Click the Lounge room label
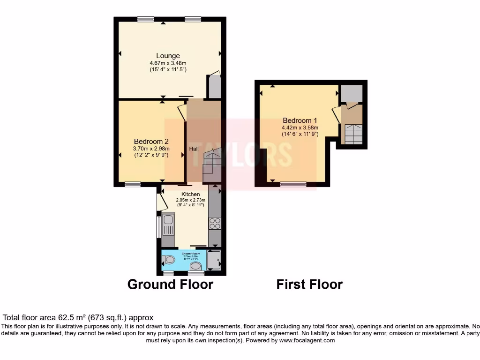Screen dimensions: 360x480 click(168, 56)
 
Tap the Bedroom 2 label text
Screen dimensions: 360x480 click(151, 141)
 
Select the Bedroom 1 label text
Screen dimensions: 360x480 click(300, 120)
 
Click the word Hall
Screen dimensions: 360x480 click(194, 149)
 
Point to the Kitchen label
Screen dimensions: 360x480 click(190, 194)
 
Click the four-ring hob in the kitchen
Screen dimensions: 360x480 click(215, 224)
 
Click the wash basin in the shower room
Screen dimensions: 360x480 click(195, 267)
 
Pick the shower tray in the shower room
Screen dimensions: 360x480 click(214, 261)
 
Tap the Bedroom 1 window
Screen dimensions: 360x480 click(293, 184)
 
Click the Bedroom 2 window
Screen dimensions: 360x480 click(132, 184)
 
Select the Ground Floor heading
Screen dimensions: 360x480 click(170, 284)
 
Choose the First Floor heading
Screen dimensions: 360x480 click(309, 284)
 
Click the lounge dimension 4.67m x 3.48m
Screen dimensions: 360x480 click(168, 63)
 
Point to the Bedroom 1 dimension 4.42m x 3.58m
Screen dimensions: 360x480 click(300, 127)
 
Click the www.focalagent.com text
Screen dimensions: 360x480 click(307, 340)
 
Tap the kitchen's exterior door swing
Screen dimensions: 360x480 click(161, 202)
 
